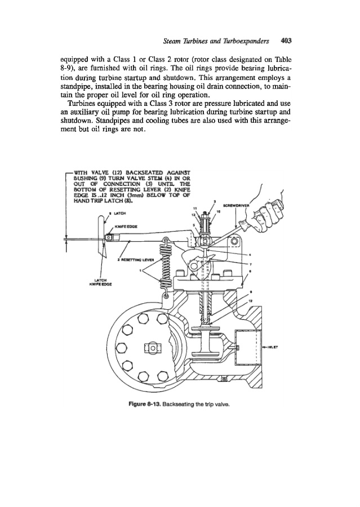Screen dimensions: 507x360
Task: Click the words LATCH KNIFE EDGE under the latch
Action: [x=103, y=283]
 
